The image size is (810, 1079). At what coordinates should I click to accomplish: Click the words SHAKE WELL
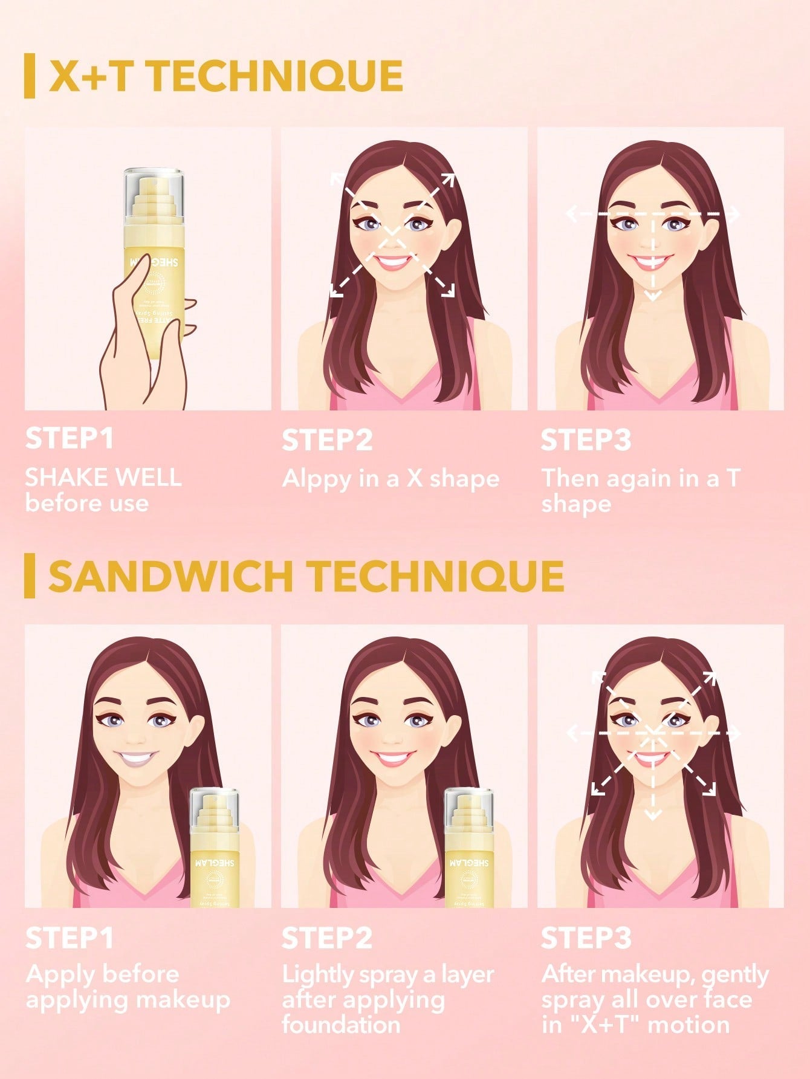103,478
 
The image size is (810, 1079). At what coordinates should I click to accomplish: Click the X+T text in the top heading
88,76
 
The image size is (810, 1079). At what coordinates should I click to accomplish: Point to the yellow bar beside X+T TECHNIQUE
29,76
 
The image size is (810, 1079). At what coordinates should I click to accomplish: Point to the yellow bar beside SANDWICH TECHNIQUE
29,576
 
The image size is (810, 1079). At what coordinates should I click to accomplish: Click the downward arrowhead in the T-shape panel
652,296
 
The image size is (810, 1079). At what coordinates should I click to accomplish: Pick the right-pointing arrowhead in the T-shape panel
734,215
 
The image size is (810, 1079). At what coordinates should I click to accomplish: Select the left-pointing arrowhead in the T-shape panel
570,214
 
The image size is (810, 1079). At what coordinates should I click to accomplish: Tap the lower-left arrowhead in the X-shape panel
335,291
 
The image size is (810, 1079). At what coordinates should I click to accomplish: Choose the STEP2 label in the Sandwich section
327,938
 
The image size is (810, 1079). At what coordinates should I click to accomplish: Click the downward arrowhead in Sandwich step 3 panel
652,815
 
